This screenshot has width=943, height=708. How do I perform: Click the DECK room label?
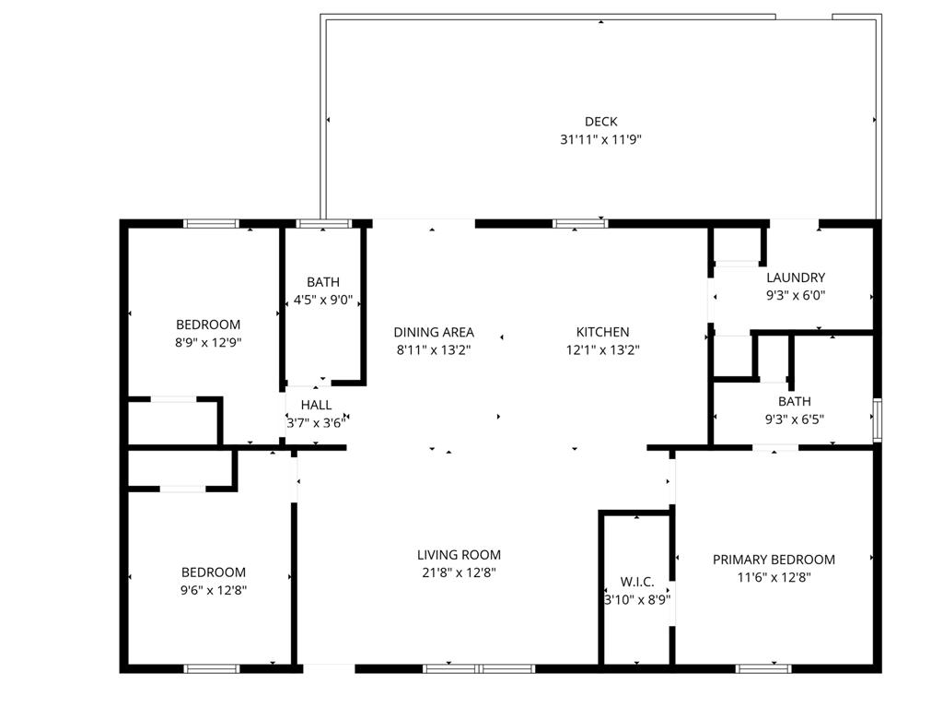600,122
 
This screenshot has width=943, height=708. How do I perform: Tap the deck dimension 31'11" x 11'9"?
600,140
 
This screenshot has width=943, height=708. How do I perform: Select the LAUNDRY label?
796,277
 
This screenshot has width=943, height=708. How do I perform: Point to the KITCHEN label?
602,332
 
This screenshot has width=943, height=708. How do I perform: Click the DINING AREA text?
434,332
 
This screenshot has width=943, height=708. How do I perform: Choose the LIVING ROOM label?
459,555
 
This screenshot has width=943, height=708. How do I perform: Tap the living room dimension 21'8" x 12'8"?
459,572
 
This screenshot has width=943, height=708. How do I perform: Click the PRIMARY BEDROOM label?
774,560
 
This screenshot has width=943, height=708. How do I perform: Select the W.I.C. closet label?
637,582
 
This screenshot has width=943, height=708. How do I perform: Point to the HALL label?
316,405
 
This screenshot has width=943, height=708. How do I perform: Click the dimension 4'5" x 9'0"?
323,300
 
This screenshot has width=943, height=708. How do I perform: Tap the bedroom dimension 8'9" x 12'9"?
208,342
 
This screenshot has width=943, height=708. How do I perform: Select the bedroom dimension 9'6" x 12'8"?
213,590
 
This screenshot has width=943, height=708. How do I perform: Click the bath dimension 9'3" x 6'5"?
794,419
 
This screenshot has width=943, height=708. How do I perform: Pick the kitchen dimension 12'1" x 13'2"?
602,350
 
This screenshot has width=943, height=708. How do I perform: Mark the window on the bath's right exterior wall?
877,419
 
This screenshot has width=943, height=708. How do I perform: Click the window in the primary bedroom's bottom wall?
763,668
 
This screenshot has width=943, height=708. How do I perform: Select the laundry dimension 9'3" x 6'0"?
796,296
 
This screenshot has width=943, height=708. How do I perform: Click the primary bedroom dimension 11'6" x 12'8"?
774,578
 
